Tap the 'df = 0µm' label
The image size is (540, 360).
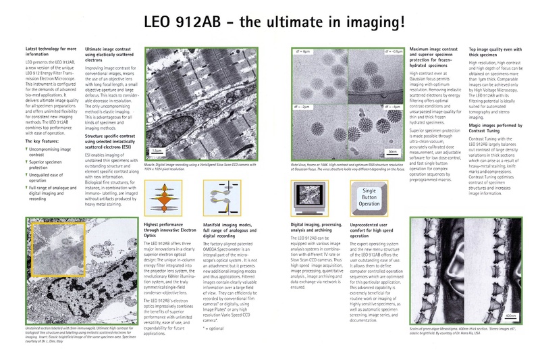click(301, 51)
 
